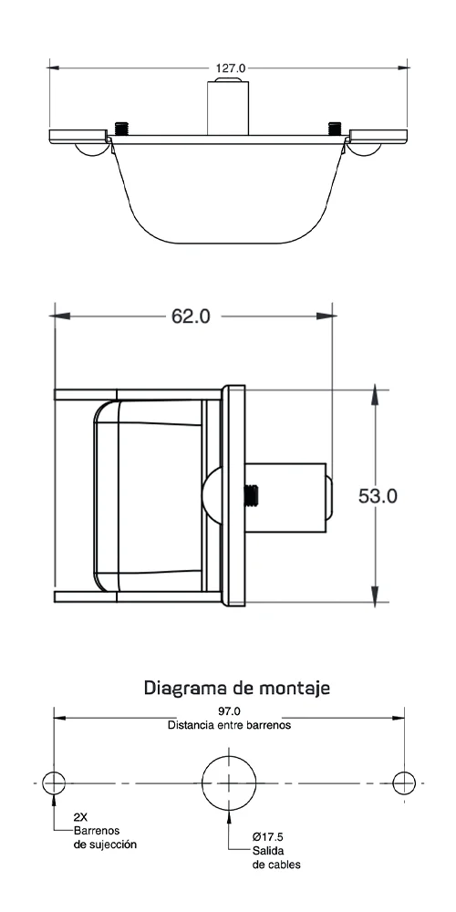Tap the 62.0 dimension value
click(x=191, y=316)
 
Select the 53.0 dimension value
click(x=378, y=496)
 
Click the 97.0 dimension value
click(x=229, y=711)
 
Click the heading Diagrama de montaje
click(x=237, y=688)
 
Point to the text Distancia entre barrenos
click(x=229, y=725)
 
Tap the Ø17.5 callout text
click(x=268, y=837)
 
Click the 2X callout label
click(x=81, y=816)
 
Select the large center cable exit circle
click(x=229, y=757)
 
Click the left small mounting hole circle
click(x=54, y=772)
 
